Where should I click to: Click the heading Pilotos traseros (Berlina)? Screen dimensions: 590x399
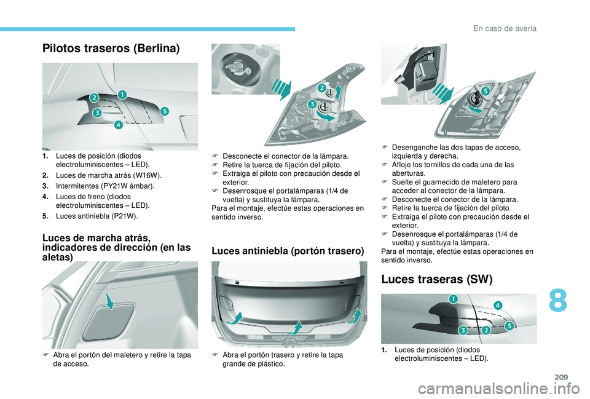[x=111, y=49]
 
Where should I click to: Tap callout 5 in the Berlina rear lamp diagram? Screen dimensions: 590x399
[x=165, y=111]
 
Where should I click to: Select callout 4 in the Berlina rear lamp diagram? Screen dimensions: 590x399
[x=118, y=124]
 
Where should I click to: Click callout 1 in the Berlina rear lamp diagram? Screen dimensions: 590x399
[x=122, y=94]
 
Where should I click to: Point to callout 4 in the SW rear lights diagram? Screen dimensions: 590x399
[x=497, y=306]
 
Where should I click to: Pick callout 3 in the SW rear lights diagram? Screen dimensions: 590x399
[x=463, y=331]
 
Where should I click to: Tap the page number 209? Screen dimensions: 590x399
[x=560, y=377]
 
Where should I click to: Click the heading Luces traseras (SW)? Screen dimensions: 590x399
[x=437, y=279]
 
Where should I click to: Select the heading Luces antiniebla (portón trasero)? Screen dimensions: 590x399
[x=288, y=251]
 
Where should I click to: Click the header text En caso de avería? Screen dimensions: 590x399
[x=505, y=29]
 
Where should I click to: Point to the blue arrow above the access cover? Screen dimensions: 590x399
[x=110, y=301]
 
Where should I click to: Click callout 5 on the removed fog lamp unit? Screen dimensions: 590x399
[x=485, y=91]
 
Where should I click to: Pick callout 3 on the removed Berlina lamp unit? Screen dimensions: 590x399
[x=312, y=105]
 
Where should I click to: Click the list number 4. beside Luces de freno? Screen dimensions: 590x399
[x=45, y=197]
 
